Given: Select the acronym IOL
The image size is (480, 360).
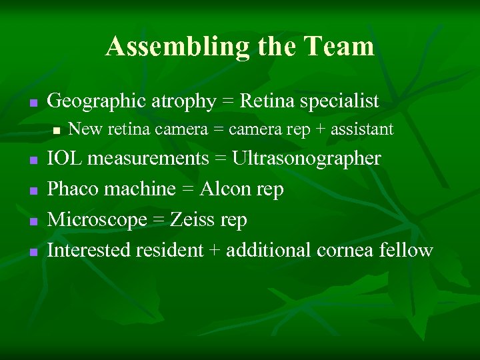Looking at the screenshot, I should click(65, 159).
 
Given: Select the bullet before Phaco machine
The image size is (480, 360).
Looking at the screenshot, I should click(31, 191).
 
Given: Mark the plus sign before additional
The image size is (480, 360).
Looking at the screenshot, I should click(215, 251).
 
